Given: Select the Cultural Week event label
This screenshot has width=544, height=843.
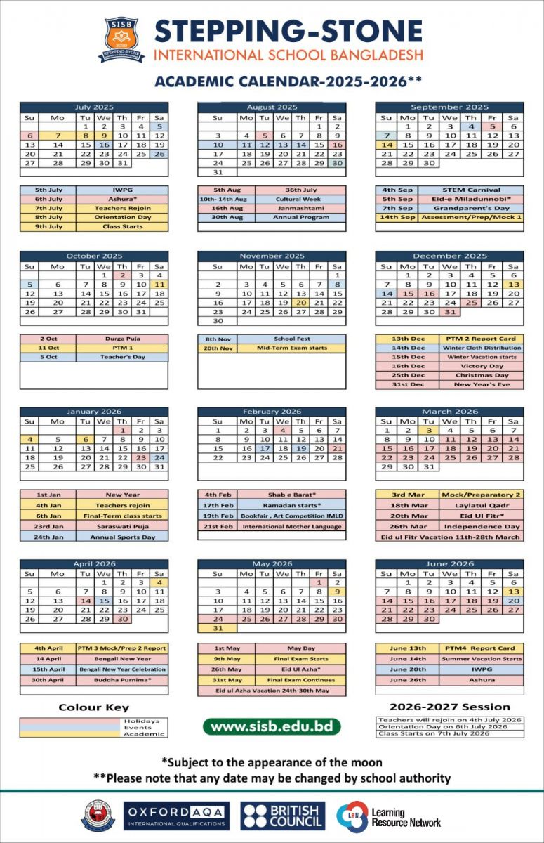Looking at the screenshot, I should click(300, 199).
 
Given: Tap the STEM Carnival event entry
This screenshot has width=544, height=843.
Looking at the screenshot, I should click(471, 190).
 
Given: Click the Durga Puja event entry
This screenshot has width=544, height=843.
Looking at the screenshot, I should click(122, 339).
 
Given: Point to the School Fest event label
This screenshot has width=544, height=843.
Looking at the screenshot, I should click(291, 339).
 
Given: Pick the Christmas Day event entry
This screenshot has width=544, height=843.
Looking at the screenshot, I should click(482, 375).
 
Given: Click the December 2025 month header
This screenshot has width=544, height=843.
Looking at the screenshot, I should click(449, 256).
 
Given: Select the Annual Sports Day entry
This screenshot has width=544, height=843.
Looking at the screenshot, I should click(122, 537).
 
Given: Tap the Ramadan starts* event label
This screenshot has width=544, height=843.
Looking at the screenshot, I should click(291, 505).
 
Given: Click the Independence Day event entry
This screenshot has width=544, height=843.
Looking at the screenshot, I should click(482, 526).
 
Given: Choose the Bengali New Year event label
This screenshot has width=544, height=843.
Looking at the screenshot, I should click(122, 659).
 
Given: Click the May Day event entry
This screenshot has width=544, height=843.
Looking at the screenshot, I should click(300, 648).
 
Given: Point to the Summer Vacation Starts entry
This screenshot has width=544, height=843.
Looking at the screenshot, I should click(482, 659).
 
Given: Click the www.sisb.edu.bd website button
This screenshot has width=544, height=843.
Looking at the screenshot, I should click(272, 726).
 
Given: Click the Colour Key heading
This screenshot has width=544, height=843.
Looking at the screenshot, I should click(93, 707).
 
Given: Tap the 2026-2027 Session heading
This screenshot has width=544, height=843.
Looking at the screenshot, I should click(449, 707).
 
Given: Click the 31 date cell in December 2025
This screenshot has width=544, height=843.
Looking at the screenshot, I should click(449, 311).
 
